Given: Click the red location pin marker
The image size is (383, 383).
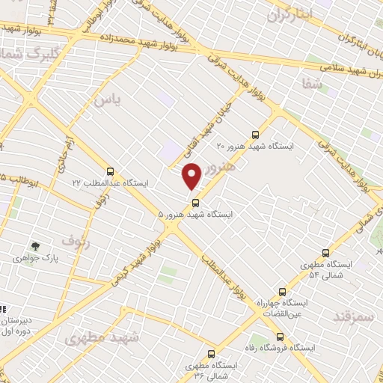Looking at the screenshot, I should tap(192, 177).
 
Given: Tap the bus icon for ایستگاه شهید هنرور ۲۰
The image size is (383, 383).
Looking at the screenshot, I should tap(257, 135).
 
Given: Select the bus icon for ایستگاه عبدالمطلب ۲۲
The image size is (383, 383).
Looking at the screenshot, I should tap(111, 171).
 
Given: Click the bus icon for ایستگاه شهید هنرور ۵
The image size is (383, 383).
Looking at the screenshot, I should tap(196, 202).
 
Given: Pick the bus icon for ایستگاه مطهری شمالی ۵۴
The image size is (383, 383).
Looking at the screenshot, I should tap(325, 253).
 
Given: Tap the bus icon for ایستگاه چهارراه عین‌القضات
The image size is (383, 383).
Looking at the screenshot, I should tap(282, 292).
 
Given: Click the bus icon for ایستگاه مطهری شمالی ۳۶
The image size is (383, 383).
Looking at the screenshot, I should tap(211, 353).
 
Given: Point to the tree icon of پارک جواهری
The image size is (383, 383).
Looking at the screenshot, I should tap(34, 245).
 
